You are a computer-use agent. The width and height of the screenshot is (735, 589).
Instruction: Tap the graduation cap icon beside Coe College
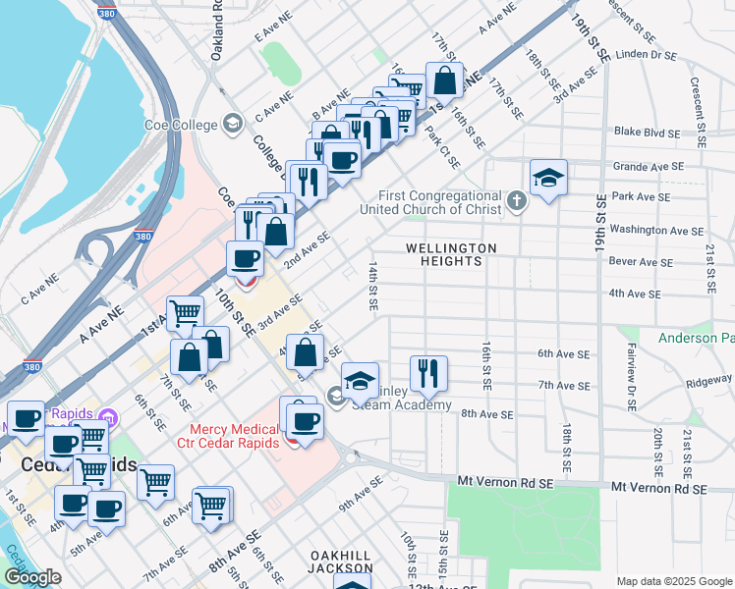tap(233, 124)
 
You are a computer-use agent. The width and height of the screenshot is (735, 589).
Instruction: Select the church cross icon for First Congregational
tap(517, 202)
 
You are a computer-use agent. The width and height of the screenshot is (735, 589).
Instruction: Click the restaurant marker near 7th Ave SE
tap(428, 373)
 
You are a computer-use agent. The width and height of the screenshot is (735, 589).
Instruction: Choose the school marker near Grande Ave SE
tap(548, 179)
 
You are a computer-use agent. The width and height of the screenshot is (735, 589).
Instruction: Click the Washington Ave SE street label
tap(655, 231)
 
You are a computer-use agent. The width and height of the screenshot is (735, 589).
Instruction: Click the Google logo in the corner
tap(32, 577)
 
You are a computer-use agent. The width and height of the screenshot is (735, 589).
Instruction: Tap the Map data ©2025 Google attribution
tap(674, 581)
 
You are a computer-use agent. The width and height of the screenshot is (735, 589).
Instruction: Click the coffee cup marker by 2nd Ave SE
tap(245, 260)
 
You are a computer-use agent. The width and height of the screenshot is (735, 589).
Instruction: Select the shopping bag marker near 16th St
tap(445, 81)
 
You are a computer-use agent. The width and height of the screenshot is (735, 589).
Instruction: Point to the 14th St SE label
tap(373, 286)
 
